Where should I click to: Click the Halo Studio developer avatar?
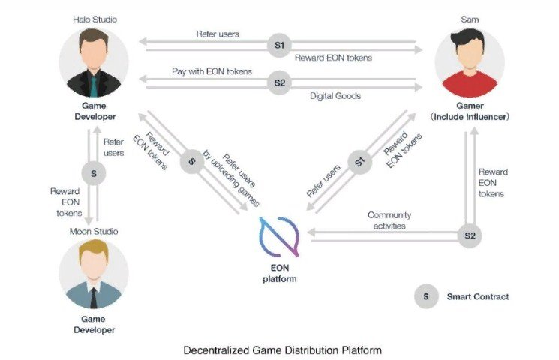94,59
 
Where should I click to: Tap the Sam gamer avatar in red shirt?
470,59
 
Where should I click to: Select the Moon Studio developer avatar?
94,274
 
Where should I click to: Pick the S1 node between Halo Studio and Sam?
279,46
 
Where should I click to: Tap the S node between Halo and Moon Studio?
94,174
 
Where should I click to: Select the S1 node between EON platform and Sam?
359,161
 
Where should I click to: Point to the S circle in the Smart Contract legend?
426,297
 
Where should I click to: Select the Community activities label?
389,220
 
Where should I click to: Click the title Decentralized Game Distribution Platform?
279,349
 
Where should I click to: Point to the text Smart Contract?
478,297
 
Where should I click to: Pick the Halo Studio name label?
93,16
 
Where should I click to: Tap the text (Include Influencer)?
470,118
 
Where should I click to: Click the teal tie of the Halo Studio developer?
94,83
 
